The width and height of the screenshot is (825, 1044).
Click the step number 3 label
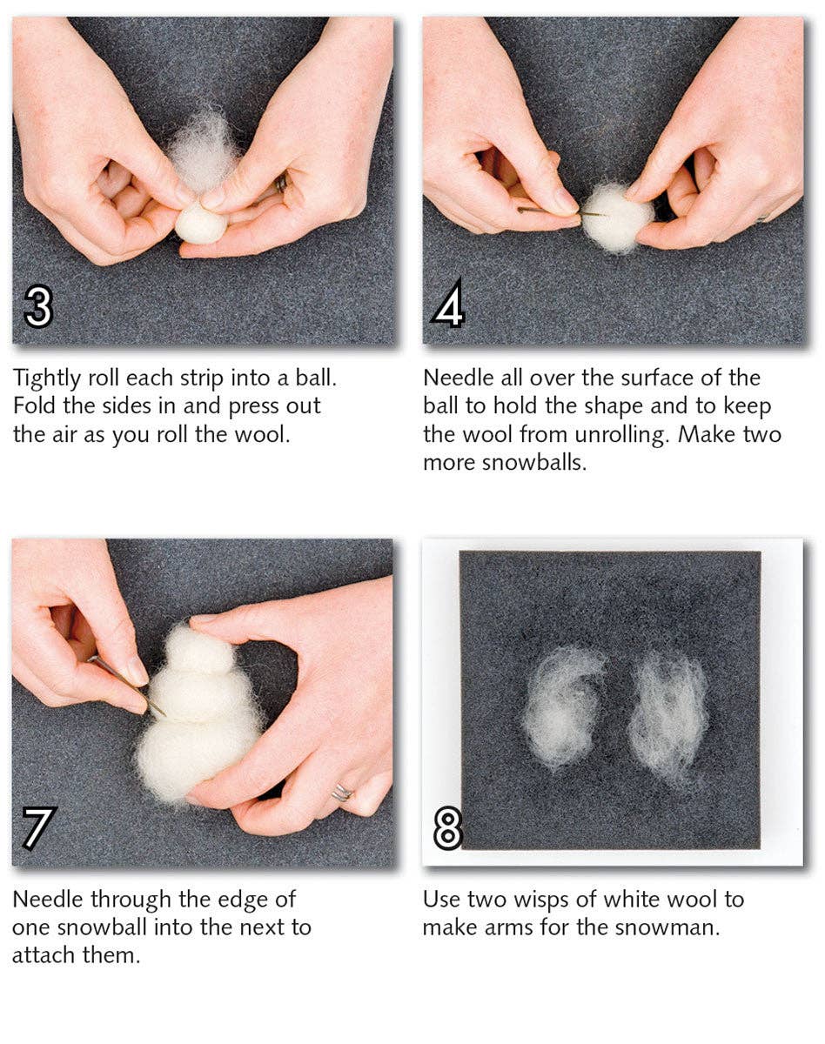click(38, 306)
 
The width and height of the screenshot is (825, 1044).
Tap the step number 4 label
click(448, 306)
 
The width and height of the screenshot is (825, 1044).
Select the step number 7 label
click(38, 827)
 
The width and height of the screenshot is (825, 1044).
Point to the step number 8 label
click(448, 829)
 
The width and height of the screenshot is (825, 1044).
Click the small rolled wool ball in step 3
click(200, 224)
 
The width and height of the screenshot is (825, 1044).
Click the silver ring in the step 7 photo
click(341, 793)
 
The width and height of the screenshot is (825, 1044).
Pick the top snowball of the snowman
click(199, 649)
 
